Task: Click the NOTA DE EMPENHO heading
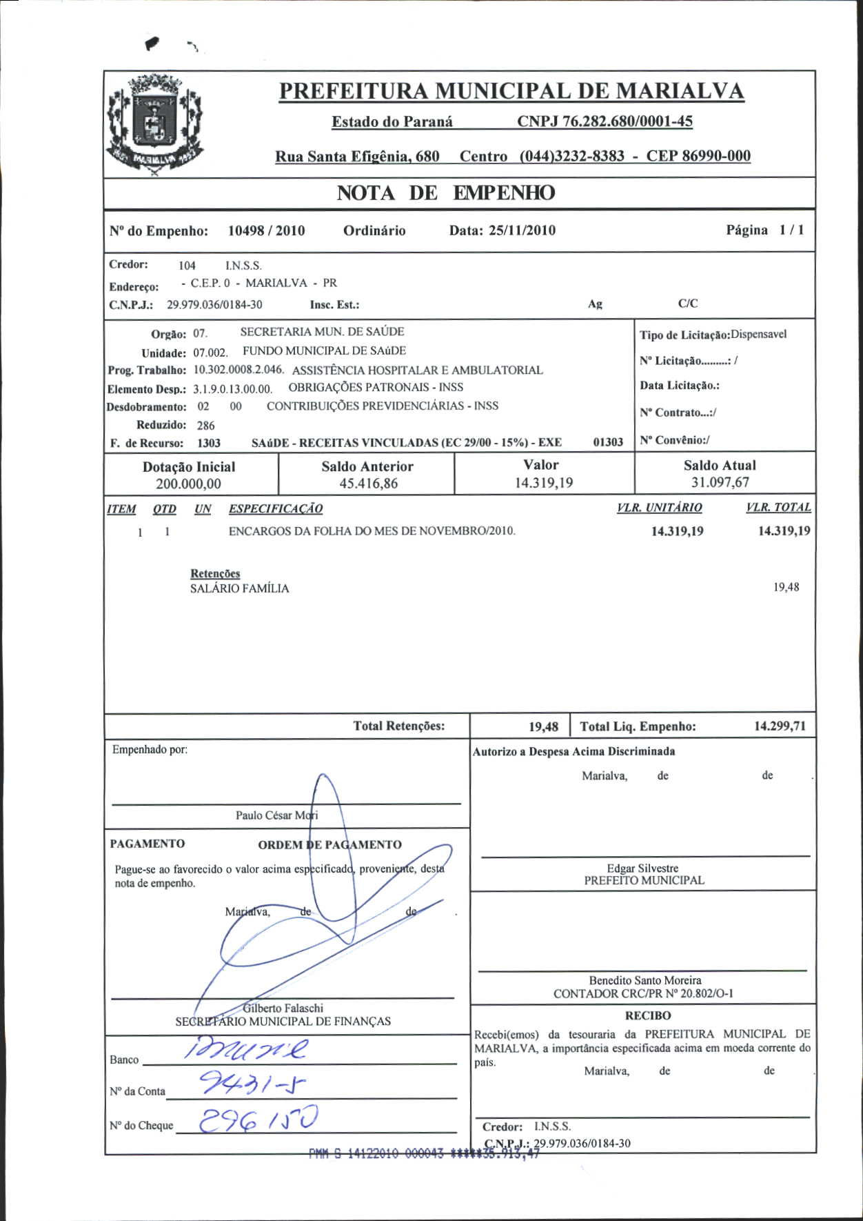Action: (x=445, y=193)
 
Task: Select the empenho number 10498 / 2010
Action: (x=266, y=231)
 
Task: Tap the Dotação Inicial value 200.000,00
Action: (x=188, y=484)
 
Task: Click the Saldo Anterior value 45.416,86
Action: (x=368, y=484)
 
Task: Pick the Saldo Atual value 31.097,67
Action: (x=720, y=483)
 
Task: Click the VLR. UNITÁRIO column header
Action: (x=659, y=508)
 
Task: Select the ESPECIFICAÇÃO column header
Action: (x=276, y=509)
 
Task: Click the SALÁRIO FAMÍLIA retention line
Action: (x=239, y=588)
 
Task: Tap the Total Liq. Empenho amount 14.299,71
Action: (x=780, y=726)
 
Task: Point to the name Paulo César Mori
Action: (x=276, y=815)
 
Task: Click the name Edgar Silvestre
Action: (x=642, y=868)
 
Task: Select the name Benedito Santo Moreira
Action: (x=645, y=980)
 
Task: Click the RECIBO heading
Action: (x=647, y=1015)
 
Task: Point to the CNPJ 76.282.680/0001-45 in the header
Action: (x=605, y=121)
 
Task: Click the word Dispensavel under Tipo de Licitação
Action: (x=758, y=335)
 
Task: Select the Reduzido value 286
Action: (x=205, y=426)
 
